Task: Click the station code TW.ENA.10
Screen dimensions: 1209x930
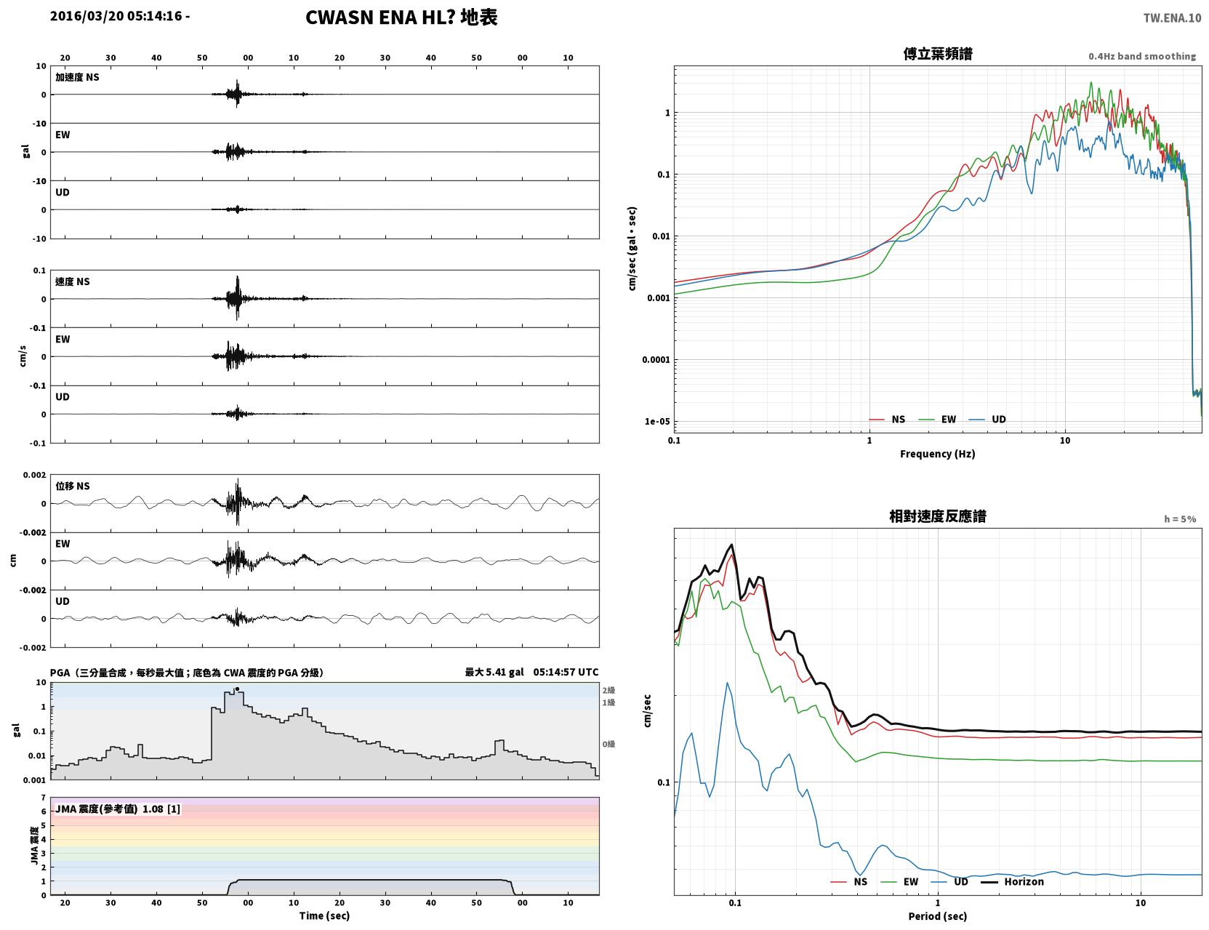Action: click(x=1172, y=17)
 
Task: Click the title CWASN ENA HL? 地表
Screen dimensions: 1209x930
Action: click(x=401, y=17)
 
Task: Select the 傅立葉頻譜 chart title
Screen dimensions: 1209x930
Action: click(x=938, y=54)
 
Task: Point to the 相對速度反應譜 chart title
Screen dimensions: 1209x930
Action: click(x=938, y=516)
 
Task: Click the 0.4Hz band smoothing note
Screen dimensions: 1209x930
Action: click(x=1141, y=56)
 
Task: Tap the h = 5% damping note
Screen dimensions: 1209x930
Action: click(x=1179, y=519)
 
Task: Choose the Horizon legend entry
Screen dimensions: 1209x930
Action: click(x=1012, y=881)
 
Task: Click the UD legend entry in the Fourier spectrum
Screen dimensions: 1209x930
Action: click(x=987, y=420)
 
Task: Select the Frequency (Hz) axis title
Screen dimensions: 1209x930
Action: click(x=938, y=454)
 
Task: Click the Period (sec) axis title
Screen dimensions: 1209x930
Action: click(x=938, y=916)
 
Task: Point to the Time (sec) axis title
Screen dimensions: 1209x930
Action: click(x=324, y=915)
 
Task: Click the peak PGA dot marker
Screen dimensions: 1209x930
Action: click(x=237, y=689)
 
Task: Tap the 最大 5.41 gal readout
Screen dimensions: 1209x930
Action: click(x=494, y=672)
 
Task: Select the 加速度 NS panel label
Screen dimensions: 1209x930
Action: click(x=77, y=77)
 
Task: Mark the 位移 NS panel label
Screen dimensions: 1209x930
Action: click(x=72, y=486)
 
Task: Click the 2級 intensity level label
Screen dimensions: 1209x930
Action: click(x=608, y=690)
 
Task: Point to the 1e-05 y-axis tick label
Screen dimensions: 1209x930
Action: click(x=657, y=421)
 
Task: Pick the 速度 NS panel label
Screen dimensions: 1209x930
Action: click(x=72, y=281)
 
